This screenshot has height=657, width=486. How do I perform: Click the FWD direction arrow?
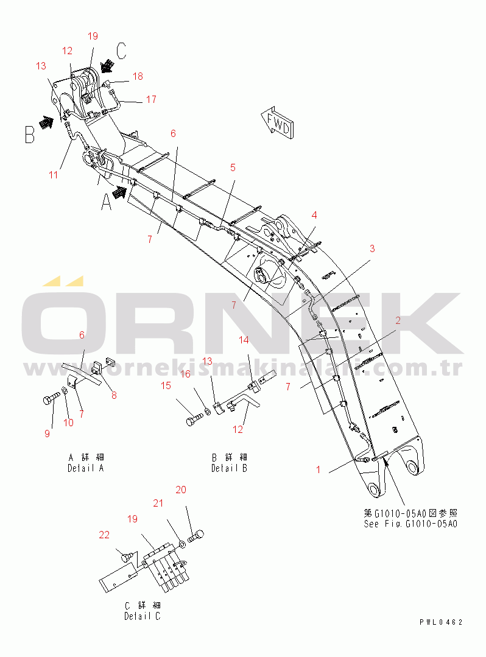coord(276,122)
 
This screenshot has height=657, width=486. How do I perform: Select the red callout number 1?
coord(319,469)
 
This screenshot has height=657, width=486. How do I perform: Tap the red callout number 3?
coord(372,248)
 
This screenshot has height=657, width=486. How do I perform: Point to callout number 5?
coord(233,167)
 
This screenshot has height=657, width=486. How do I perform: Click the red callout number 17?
coord(151,99)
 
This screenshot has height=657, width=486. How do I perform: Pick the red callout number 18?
coord(138,76)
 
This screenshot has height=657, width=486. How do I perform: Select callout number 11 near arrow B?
coord(53,174)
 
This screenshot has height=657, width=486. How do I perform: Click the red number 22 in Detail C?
coord(104,535)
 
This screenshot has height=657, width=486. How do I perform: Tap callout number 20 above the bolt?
coord(181,490)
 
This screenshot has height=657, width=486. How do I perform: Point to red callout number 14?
coord(244,340)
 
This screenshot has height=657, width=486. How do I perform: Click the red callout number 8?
coord(114,395)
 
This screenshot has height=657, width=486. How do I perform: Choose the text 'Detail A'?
coord(86,468)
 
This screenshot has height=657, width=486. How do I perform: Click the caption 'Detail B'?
coord(229,468)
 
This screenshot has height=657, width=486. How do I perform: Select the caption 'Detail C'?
coord(143,616)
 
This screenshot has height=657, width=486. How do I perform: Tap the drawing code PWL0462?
coord(441,622)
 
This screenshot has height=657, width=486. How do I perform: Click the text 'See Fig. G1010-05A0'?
coord(410,524)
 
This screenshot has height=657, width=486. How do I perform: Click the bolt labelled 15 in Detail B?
coord(194,418)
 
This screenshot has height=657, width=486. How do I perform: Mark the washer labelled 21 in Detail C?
coord(182,544)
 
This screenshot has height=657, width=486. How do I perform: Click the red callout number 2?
coord(398,320)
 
